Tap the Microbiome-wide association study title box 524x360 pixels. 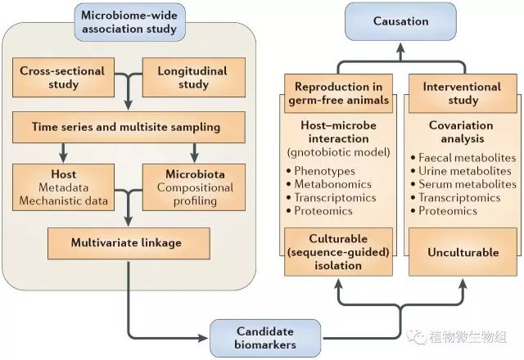click(128, 22)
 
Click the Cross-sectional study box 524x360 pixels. click(63, 77)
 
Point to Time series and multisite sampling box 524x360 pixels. click(129, 127)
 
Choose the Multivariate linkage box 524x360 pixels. click(127, 242)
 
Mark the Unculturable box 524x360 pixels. click(463, 252)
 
